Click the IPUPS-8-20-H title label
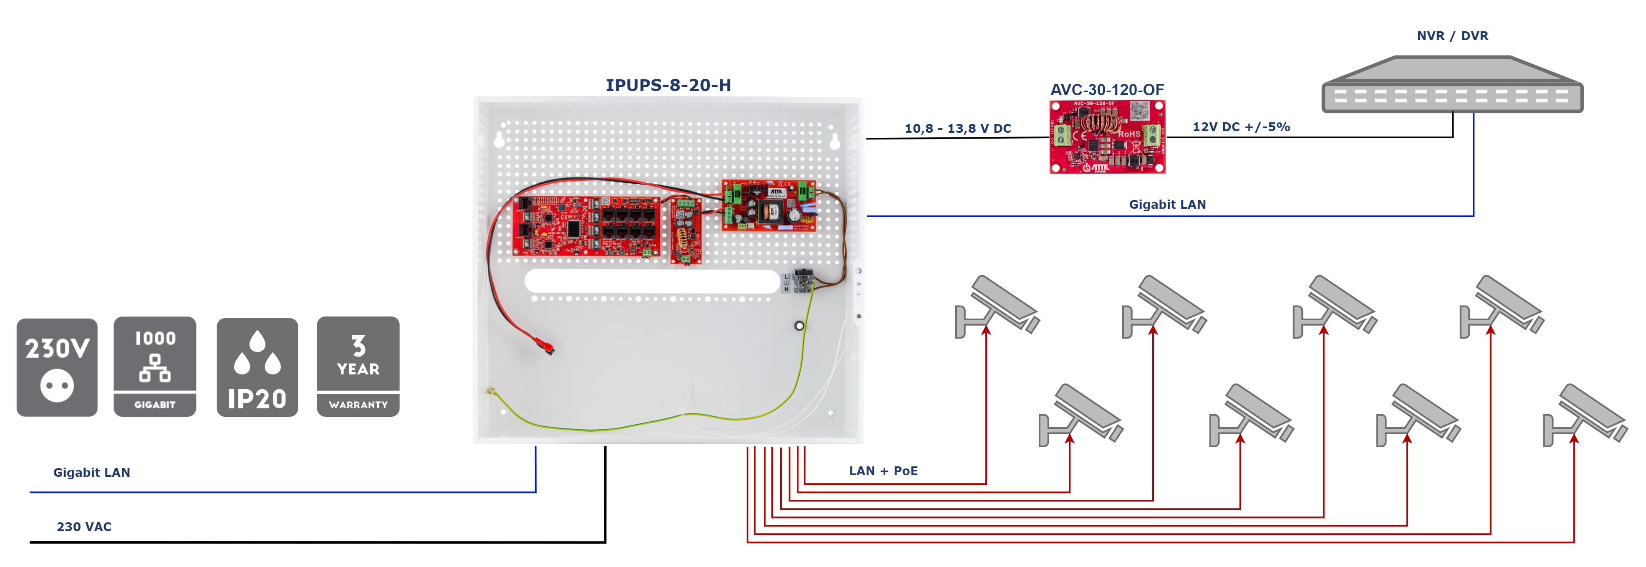click(668, 85)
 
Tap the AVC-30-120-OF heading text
click(1107, 89)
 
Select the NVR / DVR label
click(1452, 36)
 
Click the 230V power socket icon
click(57, 367)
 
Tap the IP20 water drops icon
click(257, 367)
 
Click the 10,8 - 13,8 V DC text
click(957, 129)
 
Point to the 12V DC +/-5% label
click(1241, 127)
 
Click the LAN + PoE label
click(883, 471)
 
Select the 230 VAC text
click(84, 527)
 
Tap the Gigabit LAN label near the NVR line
click(1167, 205)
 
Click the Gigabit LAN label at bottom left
click(91, 472)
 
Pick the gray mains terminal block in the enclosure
click(802, 281)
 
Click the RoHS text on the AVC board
click(1128, 134)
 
